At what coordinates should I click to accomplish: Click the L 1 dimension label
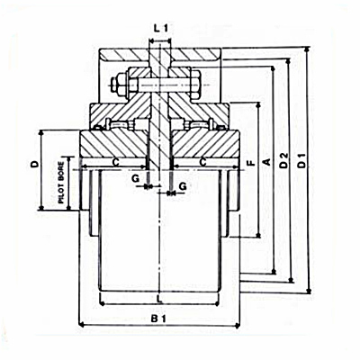[160, 29]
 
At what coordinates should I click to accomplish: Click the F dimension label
[251, 163]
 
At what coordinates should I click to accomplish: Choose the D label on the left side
[35, 164]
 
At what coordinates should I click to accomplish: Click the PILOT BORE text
[61, 183]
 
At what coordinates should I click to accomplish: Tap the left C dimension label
[116, 162]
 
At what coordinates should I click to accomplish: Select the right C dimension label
[203, 162]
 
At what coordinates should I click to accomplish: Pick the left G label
[136, 179]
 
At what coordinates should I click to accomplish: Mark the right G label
[183, 186]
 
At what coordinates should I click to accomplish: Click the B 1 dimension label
[158, 319]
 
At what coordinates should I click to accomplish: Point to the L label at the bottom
[160, 299]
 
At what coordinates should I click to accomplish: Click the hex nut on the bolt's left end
[120, 85]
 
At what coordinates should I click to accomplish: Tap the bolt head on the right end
[194, 85]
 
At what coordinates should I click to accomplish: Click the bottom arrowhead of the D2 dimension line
[291, 280]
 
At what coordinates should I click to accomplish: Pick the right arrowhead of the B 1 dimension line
[237, 325]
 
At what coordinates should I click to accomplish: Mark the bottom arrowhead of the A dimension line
[258, 235]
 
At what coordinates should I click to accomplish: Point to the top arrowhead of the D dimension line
[41, 133]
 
